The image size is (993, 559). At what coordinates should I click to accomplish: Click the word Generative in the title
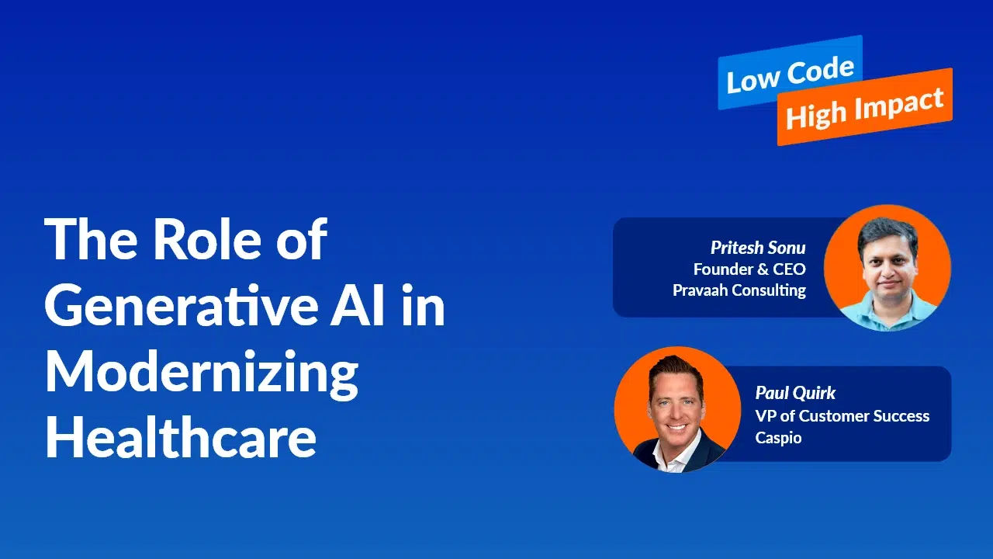tap(182, 306)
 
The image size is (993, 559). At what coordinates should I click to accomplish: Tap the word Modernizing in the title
tap(202, 375)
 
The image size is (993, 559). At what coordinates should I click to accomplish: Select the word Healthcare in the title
tap(181, 436)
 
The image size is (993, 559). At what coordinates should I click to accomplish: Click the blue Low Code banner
tap(791, 72)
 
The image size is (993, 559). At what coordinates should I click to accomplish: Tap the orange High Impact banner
tap(865, 107)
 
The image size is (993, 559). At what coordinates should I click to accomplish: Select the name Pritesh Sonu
tap(758, 248)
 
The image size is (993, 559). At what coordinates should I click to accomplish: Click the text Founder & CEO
tap(749, 269)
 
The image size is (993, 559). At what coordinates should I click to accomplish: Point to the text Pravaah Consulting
tap(739, 290)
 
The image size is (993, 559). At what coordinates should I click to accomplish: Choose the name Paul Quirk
tap(795, 393)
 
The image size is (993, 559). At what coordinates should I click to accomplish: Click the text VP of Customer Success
tap(842, 415)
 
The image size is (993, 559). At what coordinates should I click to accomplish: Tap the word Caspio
tap(778, 438)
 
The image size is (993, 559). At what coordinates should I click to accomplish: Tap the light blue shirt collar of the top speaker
tap(887, 310)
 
